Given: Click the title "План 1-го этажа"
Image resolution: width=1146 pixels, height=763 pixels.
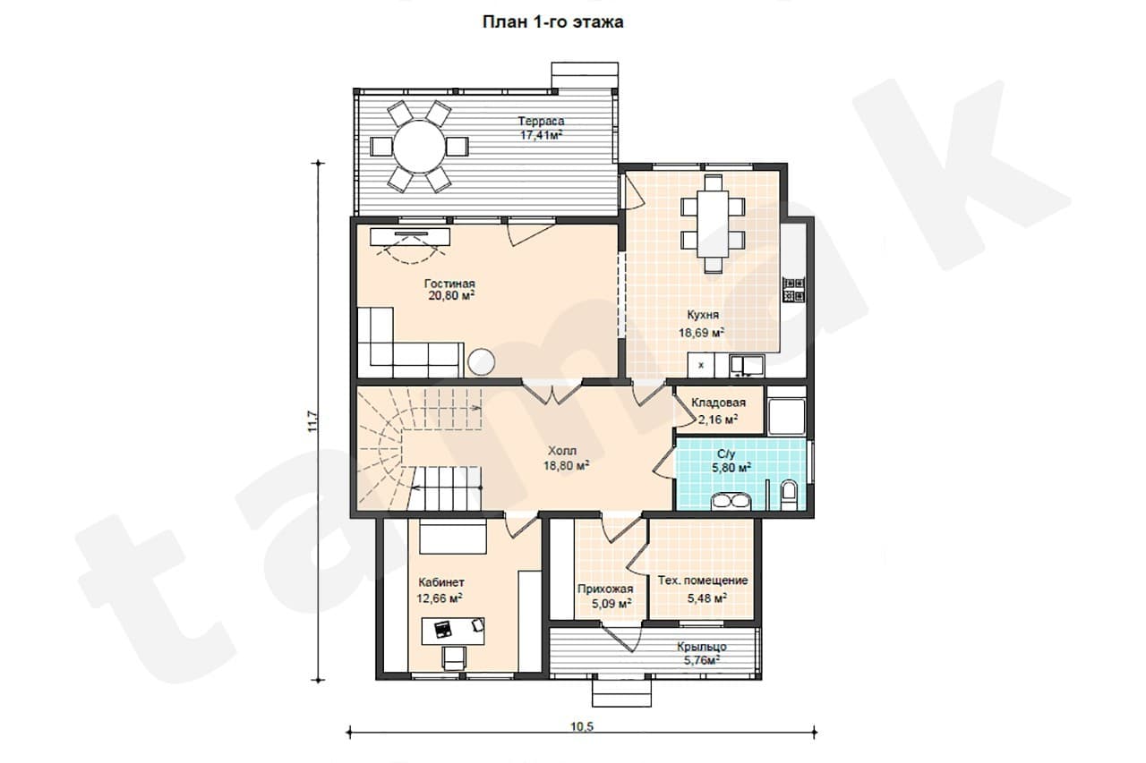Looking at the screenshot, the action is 553,22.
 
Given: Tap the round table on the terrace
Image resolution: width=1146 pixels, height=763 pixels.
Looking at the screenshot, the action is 419,147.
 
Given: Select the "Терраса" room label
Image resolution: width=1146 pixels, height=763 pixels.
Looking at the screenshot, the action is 542,121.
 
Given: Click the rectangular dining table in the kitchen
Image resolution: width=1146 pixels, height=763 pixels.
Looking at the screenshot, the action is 713,224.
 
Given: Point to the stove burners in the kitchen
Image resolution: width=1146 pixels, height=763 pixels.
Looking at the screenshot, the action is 794,289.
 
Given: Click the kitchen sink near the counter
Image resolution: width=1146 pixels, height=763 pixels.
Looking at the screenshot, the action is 747,364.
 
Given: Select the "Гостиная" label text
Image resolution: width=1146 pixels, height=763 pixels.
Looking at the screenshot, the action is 449,284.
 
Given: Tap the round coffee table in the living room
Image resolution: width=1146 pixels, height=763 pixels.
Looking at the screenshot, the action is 481,361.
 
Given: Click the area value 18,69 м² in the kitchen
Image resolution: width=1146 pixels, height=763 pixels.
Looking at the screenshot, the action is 701,333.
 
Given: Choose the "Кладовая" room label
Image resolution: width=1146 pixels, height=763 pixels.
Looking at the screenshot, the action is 718,403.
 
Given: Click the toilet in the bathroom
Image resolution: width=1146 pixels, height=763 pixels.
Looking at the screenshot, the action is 790,494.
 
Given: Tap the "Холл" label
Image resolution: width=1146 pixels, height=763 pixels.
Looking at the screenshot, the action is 562,451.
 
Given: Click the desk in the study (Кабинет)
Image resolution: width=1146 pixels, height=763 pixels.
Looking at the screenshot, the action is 453,631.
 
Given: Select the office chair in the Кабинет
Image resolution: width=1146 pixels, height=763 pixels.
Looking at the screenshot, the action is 453,657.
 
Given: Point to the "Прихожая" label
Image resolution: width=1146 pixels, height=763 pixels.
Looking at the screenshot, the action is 605,589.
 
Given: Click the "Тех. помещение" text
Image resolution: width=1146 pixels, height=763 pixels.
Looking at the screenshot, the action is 703,581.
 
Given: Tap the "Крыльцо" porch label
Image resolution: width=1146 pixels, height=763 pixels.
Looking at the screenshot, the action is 702,647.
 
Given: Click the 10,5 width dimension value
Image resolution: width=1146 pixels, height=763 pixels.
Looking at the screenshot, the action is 582,726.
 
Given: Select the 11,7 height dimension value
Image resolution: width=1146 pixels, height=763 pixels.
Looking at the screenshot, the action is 313,421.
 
